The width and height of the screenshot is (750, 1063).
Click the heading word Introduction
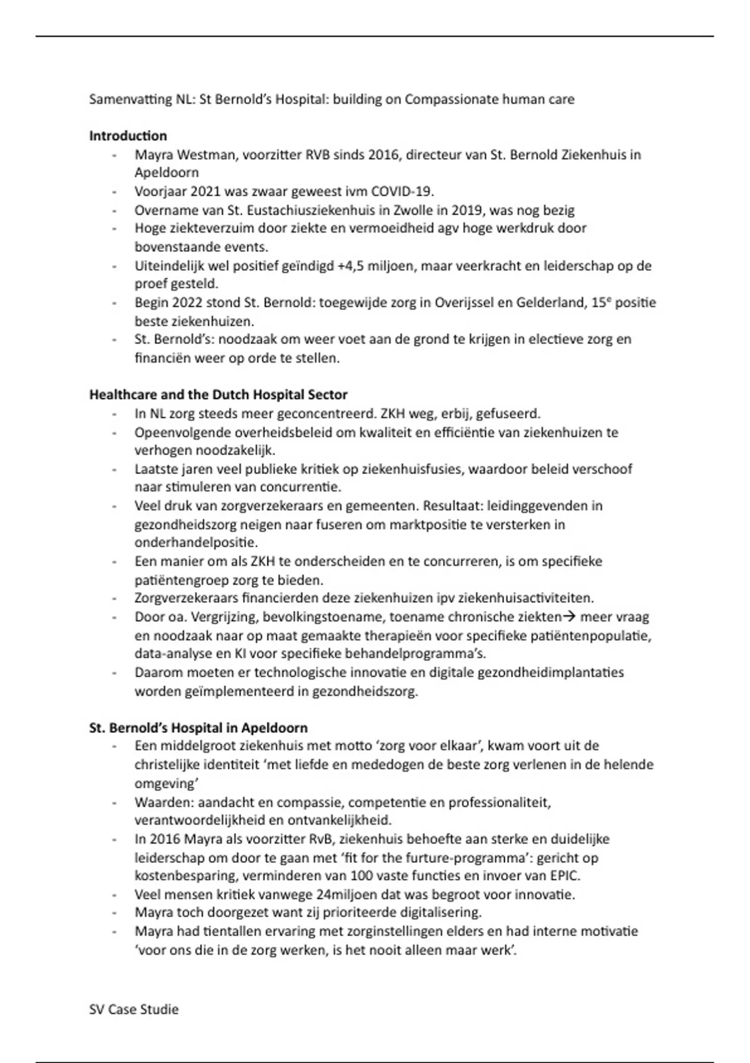pos(128,136)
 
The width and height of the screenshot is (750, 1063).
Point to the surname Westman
pos(206,154)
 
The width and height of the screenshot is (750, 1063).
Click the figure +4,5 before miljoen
pos(350,266)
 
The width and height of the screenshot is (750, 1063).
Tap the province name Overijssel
pos(474,303)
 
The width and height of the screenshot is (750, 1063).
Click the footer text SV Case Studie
pos(134,1009)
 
